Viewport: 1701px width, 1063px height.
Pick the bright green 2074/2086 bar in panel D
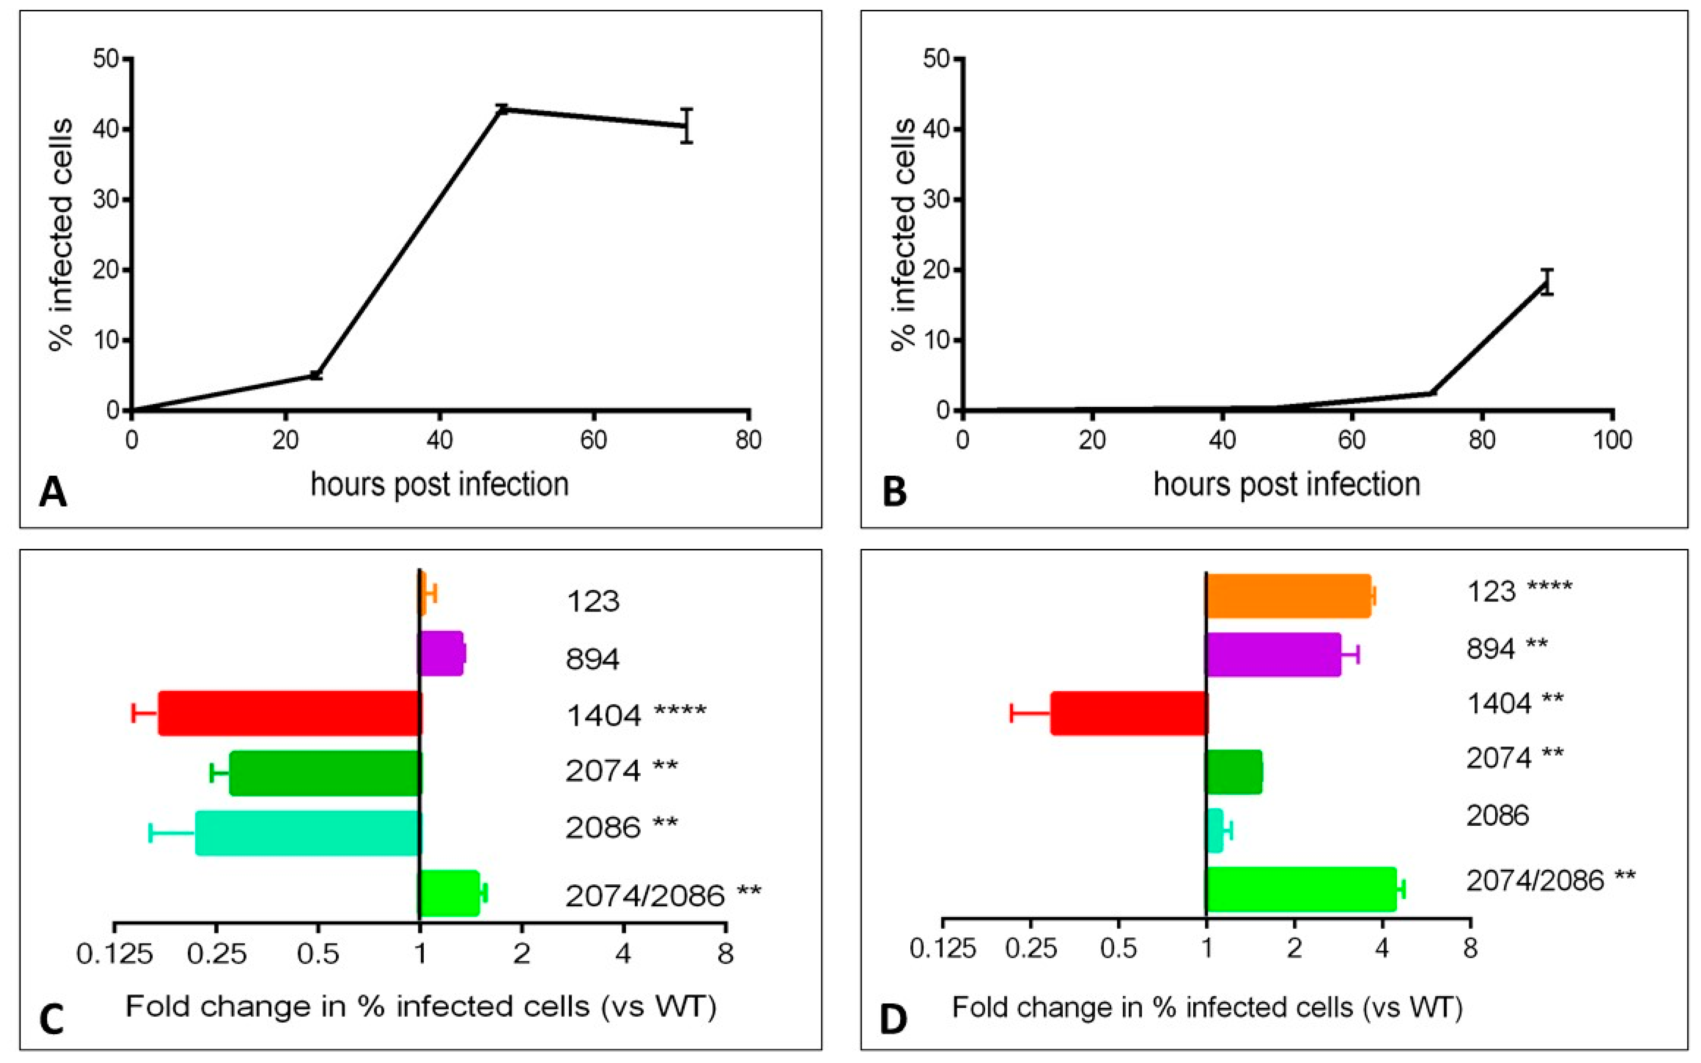point(1301,889)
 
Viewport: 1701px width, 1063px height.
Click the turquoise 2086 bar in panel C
point(307,833)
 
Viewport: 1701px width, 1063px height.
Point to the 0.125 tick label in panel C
point(115,954)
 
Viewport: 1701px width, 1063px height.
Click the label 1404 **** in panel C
point(636,715)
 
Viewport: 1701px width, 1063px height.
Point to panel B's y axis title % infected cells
point(903,234)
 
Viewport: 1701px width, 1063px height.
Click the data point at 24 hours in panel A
point(316,375)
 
